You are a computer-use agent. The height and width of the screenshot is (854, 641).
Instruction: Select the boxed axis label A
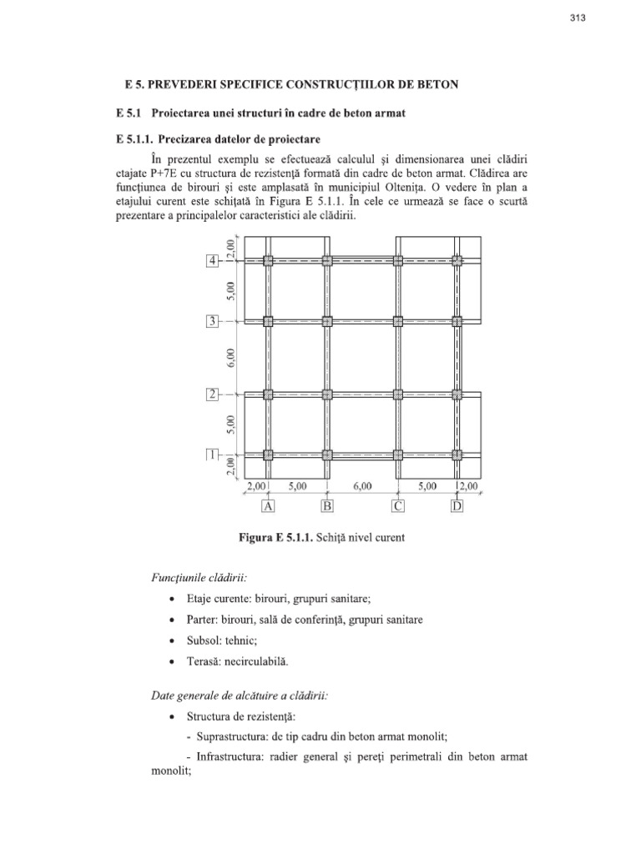pyautogui.click(x=268, y=505)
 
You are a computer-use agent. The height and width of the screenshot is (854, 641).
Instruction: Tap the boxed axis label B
pyautogui.click(x=327, y=505)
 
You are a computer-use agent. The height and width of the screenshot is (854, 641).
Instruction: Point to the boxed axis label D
pyautogui.click(x=457, y=505)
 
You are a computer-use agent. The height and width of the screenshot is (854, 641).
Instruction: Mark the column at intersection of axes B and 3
pyautogui.click(x=327, y=321)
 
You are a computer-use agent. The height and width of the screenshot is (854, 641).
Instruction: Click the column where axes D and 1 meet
pyautogui.click(x=457, y=455)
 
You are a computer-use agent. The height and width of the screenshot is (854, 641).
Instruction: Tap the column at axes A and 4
pyautogui.click(x=268, y=261)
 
